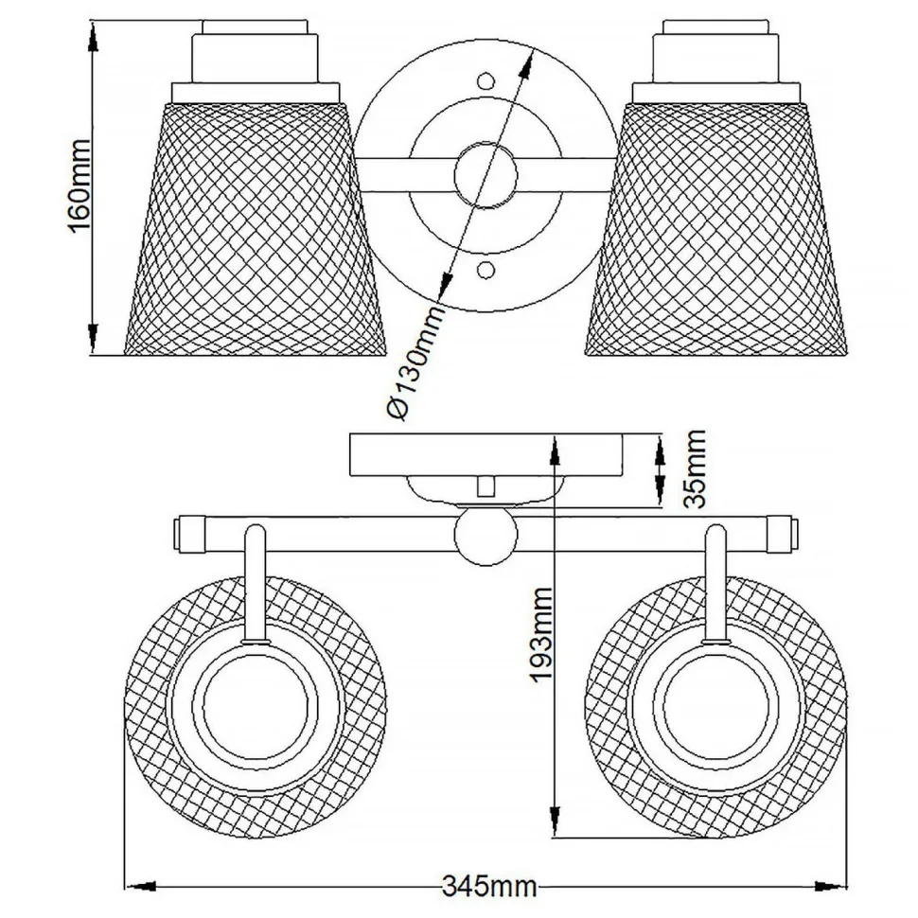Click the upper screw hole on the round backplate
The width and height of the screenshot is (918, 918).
coord(486,82)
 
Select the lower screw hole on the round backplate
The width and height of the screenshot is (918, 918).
coord(486,272)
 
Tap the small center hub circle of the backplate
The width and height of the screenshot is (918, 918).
coord(486,176)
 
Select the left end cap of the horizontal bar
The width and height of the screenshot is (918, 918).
coord(187,535)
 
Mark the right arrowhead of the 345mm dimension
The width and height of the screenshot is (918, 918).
coord(834,887)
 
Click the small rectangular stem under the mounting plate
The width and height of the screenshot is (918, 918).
coord(486,485)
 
